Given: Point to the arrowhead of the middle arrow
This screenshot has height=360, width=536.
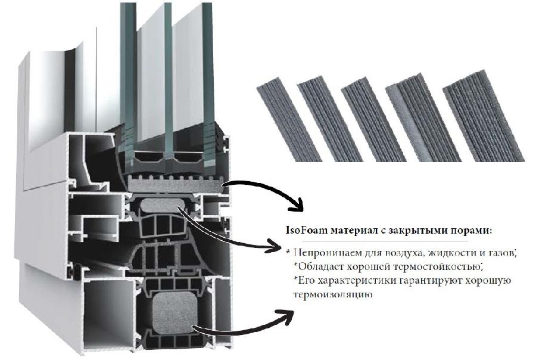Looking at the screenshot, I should click(275, 245).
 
